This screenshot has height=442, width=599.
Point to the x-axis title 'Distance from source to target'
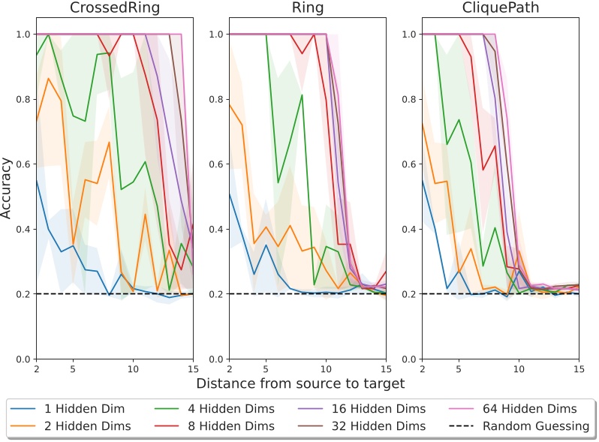click(300, 383)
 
